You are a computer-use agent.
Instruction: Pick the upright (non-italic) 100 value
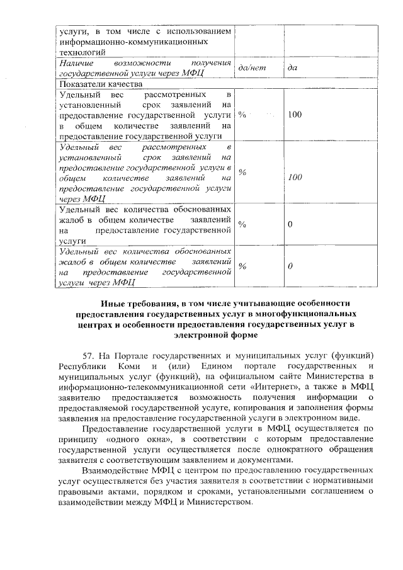click(x=295, y=115)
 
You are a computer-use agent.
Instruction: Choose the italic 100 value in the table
click(x=295, y=178)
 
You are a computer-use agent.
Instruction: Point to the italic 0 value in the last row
click(x=290, y=267)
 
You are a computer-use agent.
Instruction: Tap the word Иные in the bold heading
click(x=114, y=304)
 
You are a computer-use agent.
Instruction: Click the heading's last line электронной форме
click(x=214, y=336)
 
